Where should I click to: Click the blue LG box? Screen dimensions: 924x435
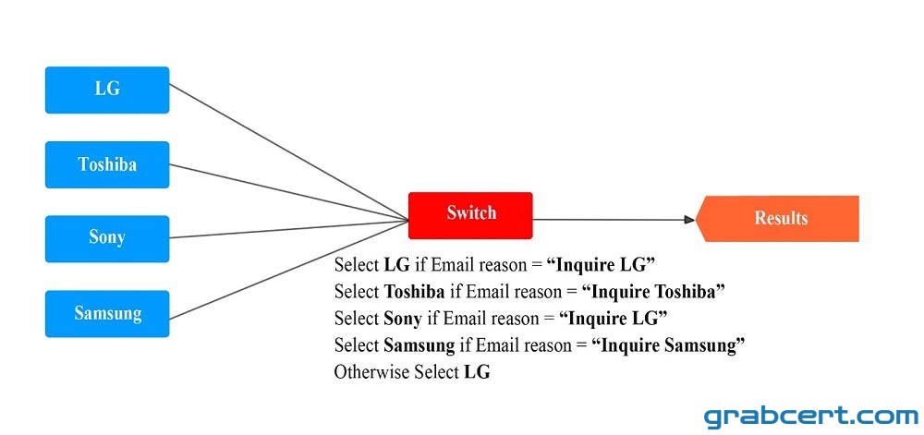click(107, 90)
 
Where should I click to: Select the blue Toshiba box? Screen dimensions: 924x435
click(107, 164)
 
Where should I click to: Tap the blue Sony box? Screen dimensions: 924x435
click(107, 238)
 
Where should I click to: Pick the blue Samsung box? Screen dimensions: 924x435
click(107, 313)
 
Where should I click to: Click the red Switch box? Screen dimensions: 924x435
click(470, 215)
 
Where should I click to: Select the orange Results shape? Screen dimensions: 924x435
click(777, 218)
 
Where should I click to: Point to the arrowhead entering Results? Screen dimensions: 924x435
click(690, 220)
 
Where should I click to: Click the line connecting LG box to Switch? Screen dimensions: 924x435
click(288, 151)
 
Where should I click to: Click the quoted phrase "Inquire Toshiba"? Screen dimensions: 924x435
click(653, 291)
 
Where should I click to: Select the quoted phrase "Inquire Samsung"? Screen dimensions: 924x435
click(669, 344)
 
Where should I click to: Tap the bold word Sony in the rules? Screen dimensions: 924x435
click(403, 319)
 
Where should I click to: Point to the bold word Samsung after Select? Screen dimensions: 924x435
click(419, 344)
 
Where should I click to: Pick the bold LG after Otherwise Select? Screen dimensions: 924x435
click(477, 372)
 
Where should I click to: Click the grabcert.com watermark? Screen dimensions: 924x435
click(811, 417)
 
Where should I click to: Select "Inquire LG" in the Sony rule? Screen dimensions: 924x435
click(613, 319)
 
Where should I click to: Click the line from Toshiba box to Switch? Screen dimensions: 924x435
click(288, 192)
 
